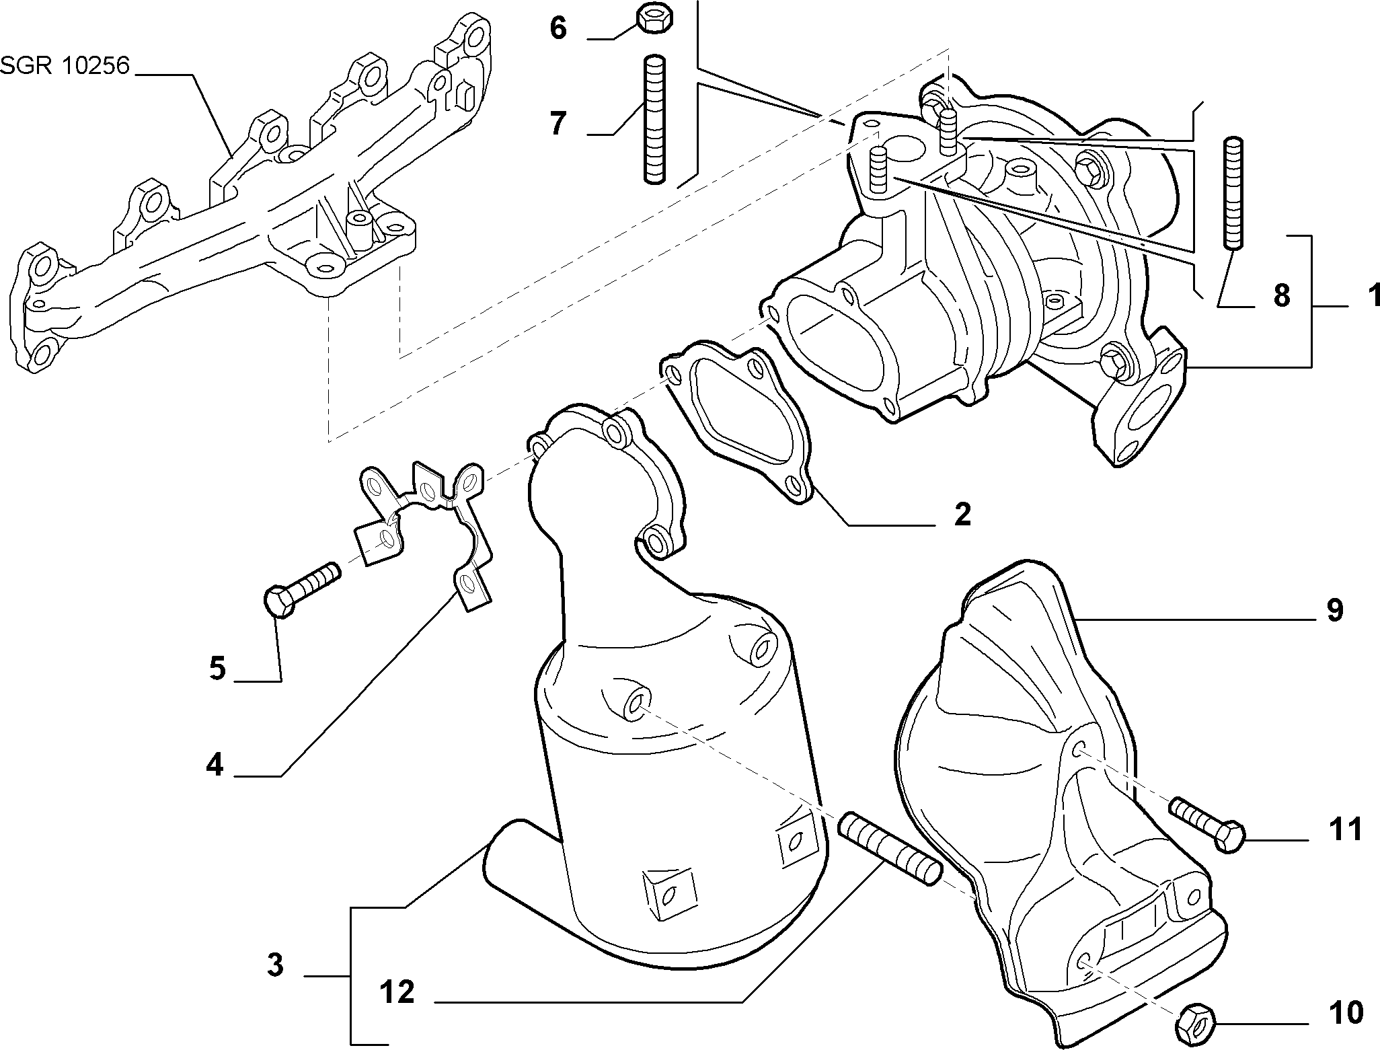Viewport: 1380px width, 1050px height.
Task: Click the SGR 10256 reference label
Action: [65, 67]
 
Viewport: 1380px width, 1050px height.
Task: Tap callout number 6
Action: [558, 29]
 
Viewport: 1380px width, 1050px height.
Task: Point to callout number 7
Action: [558, 124]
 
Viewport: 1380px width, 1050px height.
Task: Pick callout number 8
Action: [1282, 295]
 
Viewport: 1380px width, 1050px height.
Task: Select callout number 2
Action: [962, 515]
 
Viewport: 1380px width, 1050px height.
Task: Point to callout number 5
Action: [217, 669]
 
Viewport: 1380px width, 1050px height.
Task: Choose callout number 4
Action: [215, 765]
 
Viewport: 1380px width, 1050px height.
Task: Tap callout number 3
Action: [275, 965]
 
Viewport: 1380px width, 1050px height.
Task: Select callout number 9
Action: [1334, 611]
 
